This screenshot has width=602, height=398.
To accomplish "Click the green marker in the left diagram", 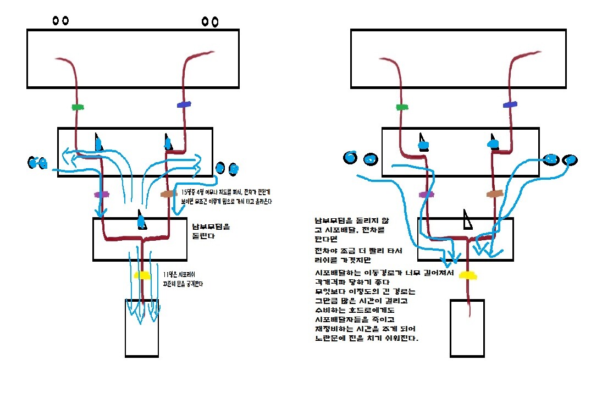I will pyautogui.click(x=78, y=107).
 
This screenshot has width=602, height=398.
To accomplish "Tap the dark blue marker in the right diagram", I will pyautogui.click(x=510, y=104).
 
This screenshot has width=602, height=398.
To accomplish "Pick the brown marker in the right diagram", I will pyautogui.click(x=494, y=194).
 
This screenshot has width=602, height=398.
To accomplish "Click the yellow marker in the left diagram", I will pyautogui.click(x=142, y=275).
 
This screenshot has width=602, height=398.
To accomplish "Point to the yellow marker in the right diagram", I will pyautogui.click(x=467, y=275).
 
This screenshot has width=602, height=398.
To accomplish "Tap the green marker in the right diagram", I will pyautogui.click(x=402, y=107).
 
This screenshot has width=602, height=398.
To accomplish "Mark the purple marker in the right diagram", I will pyautogui.click(x=425, y=194).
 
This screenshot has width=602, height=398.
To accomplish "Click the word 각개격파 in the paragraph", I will pyautogui.click(x=332, y=281).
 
